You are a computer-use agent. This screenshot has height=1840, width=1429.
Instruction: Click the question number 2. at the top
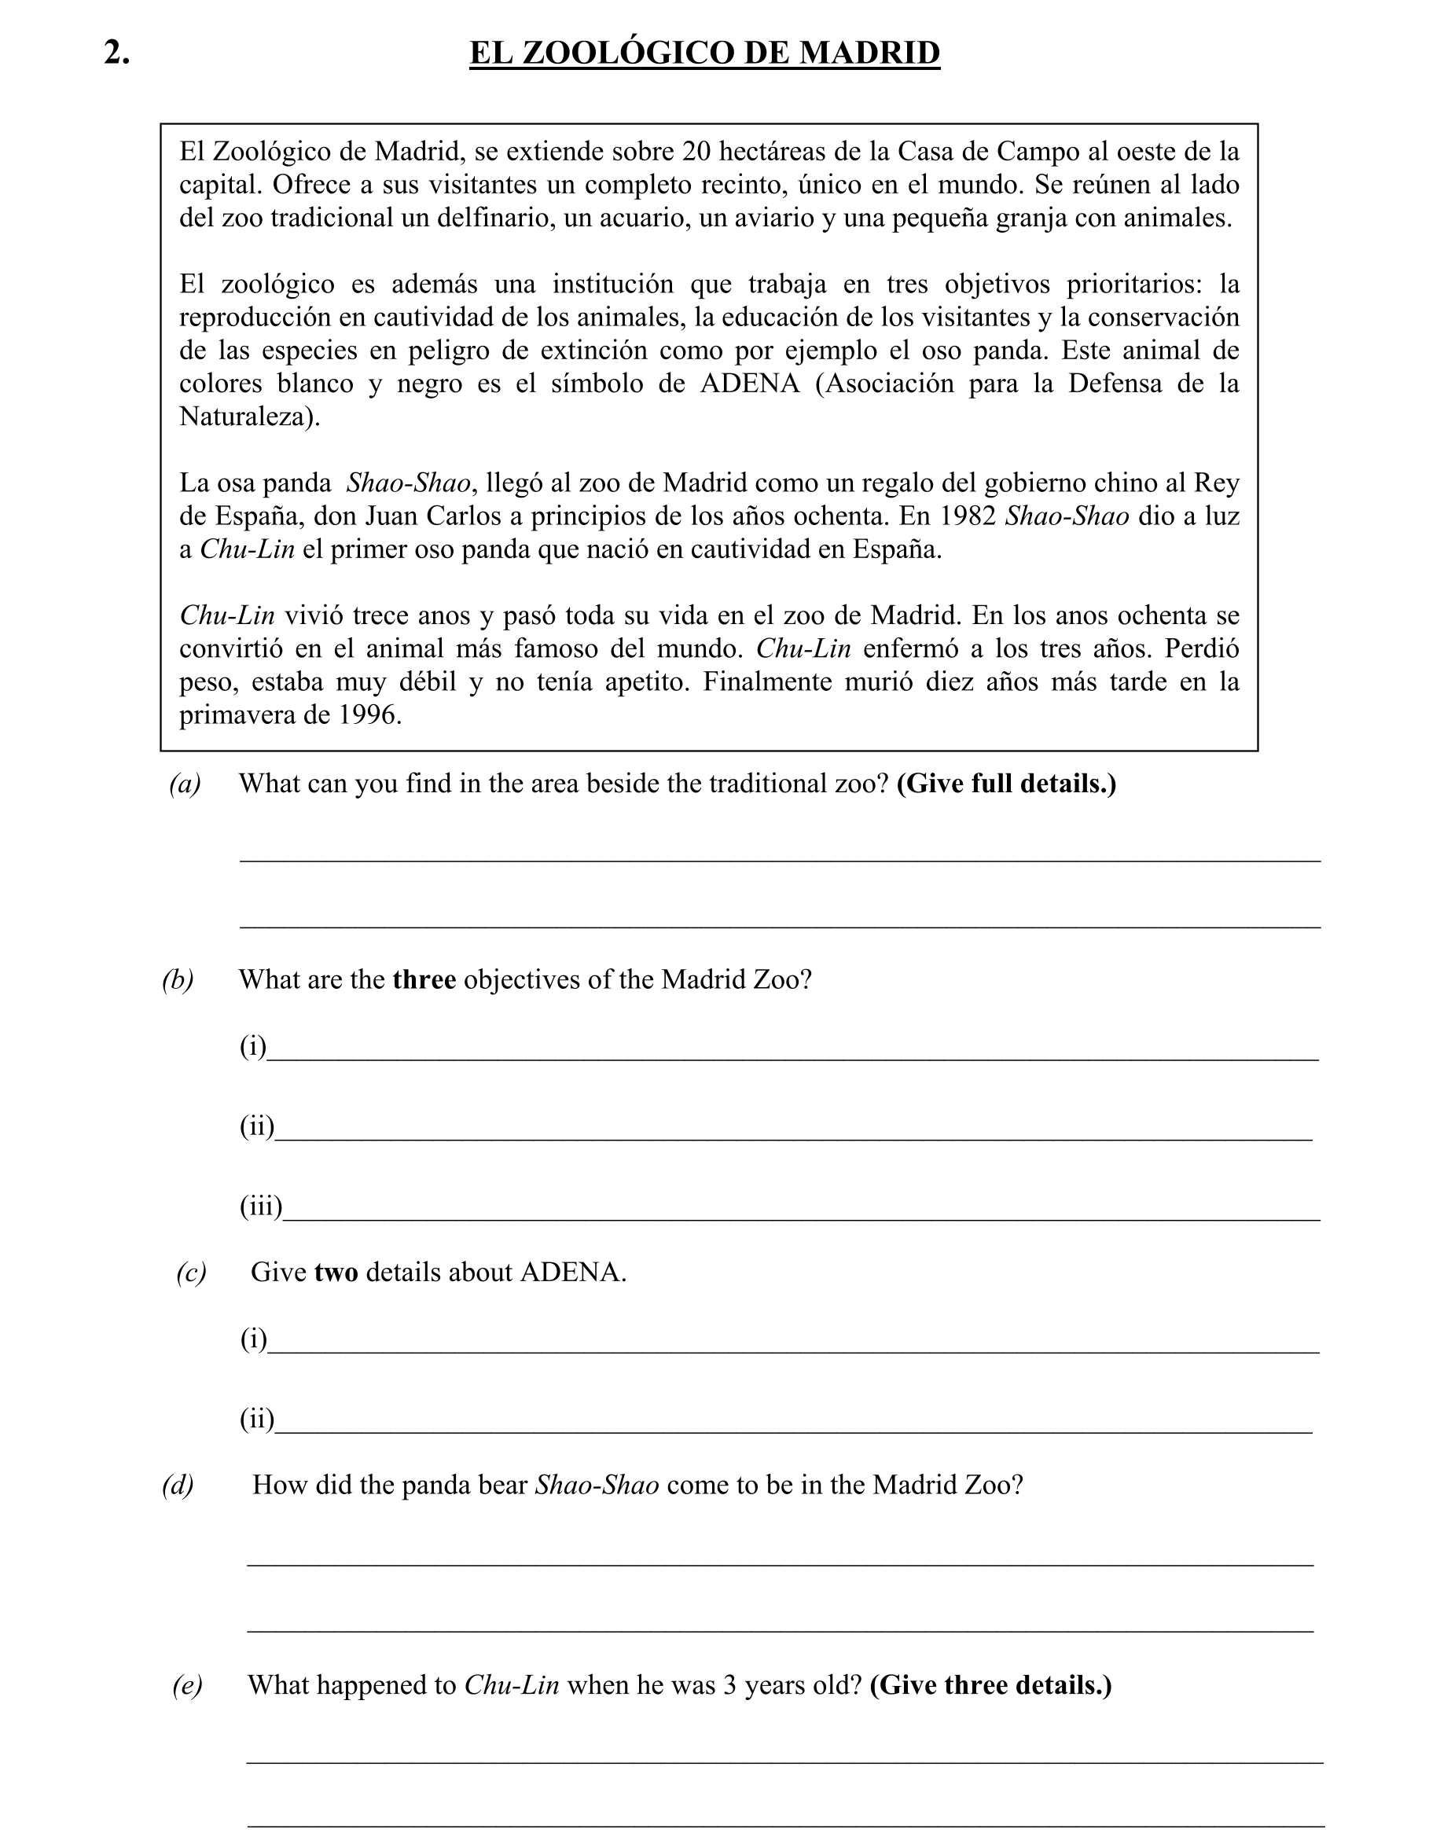tap(117, 53)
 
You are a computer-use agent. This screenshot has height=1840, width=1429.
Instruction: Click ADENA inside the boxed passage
tap(749, 384)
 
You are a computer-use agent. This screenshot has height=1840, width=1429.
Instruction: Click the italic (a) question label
tap(185, 784)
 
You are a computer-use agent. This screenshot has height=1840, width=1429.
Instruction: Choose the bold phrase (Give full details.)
tap(1006, 784)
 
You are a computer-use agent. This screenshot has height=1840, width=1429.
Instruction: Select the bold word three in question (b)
tap(424, 980)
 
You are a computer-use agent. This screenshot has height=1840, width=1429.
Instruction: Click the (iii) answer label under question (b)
tap(260, 1207)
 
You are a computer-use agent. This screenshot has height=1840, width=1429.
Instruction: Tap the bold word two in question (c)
tap(336, 1273)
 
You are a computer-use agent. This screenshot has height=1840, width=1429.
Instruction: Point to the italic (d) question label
tap(178, 1485)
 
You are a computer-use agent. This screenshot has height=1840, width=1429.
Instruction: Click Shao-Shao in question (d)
tap(597, 1485)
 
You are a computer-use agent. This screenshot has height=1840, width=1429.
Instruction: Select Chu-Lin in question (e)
tap(512, 1685)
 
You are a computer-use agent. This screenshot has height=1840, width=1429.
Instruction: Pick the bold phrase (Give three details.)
tap(990, 1685)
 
